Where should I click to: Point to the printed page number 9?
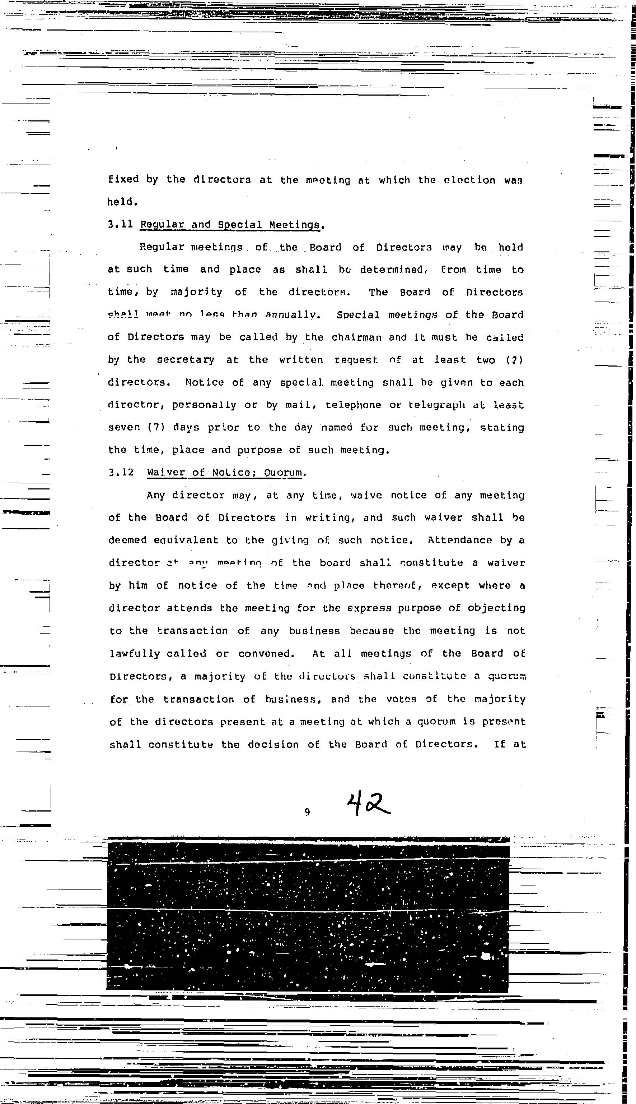[x=307, y=813]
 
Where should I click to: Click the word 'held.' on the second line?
[x=123, y=202]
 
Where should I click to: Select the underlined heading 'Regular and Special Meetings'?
[x=232, y=225]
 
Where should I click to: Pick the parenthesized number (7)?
[x=156, y=427]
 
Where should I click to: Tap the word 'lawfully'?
[x=135, y=654]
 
